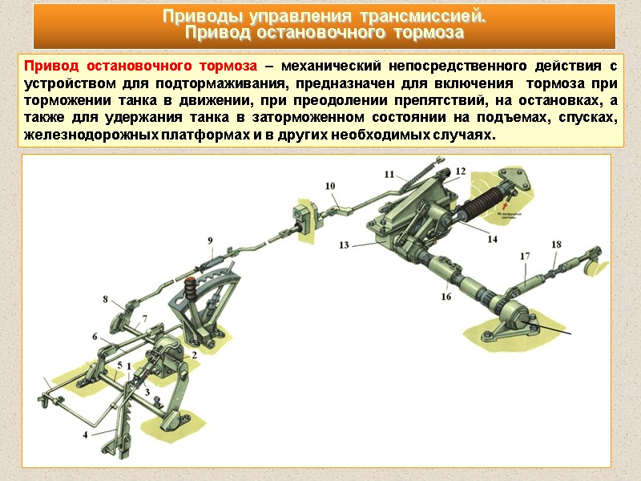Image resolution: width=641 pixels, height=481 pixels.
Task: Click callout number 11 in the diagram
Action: pos(389,174)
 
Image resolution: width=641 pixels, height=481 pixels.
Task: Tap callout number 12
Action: pos(460,171)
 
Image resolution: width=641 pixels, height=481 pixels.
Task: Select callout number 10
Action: pos(330,186)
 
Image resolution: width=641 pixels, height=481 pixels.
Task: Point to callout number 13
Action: pos(343,245)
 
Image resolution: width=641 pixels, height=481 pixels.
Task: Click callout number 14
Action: pos(492,238)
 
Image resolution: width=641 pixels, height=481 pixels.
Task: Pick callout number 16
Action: pos(446,296)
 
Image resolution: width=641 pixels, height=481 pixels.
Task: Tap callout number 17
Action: pos(526,257)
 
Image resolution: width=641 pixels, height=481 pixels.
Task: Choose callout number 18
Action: pos(556,245)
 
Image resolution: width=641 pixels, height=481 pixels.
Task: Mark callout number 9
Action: pos(210,240)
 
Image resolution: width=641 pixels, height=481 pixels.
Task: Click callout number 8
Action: pos(105,299)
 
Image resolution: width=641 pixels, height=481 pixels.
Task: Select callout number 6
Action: pos(95,337)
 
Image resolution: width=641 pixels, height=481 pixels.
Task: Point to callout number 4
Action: pos(85,435)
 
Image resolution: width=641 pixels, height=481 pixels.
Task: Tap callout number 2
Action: pos(193,354)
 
